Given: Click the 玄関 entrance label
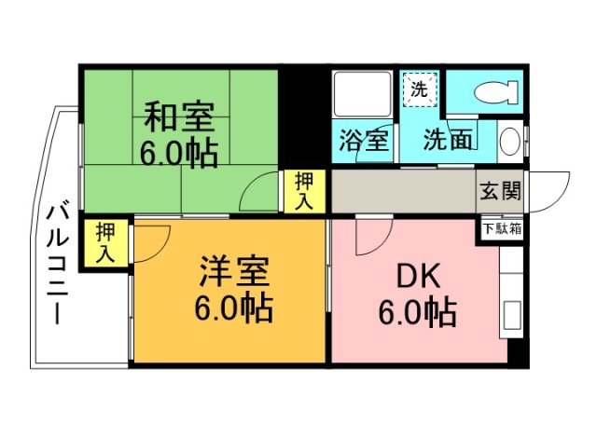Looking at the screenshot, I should point(501,193).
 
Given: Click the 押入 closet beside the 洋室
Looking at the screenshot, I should point(105,243).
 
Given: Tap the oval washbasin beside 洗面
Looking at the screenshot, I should point(510,141).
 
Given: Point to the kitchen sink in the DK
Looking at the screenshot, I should point(511,318).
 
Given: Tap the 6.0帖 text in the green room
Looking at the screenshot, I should point(179,151).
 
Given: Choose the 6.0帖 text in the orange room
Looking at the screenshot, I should point(234,305).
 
